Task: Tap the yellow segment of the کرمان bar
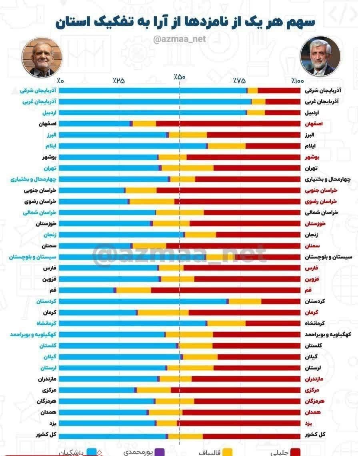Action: pos(163,312)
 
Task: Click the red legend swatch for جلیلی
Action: pos(295,452)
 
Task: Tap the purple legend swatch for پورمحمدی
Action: pos(160,452)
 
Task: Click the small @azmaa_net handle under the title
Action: pos(180,39)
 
